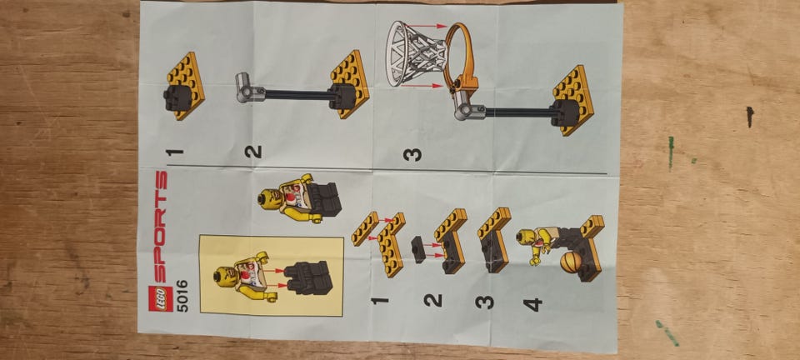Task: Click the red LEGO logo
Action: (x=157, y=299)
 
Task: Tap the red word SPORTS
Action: (x=160, y=227)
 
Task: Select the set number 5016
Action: (x=182, y=296)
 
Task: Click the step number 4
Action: (x=533, y=305)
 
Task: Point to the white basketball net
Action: (x=416, y=54)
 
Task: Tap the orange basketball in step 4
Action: (x=571, y=262)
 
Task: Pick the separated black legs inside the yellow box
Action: (x=308, y=278)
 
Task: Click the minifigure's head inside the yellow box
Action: (x=224, y=277)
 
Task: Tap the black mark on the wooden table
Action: (x=749, y=117)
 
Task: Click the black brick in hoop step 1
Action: (x=177, y=97)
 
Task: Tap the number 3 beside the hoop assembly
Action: (x=412, y=154)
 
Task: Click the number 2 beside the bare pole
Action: (x=253, y=152)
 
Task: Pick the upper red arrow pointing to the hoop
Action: (x=427, y=26)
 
